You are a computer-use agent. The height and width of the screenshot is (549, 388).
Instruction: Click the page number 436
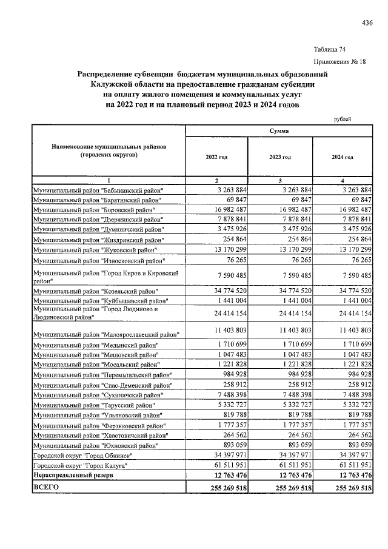pyautogui.click(x=367, y=24)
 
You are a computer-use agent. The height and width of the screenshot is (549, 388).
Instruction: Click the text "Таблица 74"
pyautogui.click(x=330, y=49)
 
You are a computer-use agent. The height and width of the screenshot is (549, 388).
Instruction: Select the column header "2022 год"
pyautogui.click(x=217, y=157)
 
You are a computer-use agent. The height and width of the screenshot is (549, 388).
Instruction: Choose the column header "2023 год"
pyautogui.click(x=280, y=157)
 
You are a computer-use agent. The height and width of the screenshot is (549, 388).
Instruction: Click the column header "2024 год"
pyautogui.click(x=343, y=157)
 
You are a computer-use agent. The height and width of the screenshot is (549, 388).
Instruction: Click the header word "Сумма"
pyautogui.click(x=279, y=131)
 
